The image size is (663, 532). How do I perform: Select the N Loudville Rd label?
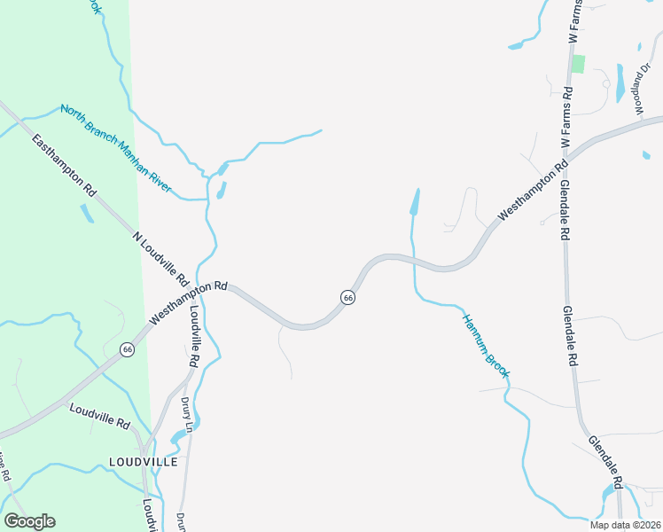pyautogui.click(x=160, y=259)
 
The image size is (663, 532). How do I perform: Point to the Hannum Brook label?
pyautogui.click(x=484, y=345)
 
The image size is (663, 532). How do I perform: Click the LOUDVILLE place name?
pyautogui.click(x=143, y=462)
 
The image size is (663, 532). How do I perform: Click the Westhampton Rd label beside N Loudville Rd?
pyautogui.click(x=189, y=303)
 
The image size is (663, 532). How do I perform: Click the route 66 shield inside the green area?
pyautogui.click(x=128, y=349)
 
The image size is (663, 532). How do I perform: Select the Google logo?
pyautogui.click(x=29, y=521)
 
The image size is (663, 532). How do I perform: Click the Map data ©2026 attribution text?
pyautogui.click(x=626, y=525)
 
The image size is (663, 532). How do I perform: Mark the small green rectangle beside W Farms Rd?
pyautogui.click(x=579, y=64)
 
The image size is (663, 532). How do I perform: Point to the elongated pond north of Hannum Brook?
pyautogui.click(x=414, y=202)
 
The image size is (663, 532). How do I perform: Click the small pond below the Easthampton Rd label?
pyautogui.click(x=87, y=214)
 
